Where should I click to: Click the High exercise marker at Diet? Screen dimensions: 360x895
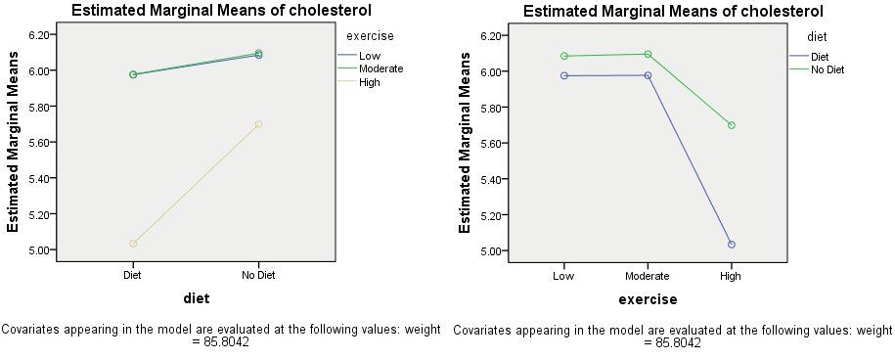coord(133,244)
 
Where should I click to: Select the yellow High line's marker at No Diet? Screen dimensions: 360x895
coord(258,124)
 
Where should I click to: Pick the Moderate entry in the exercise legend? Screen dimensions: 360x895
coord(380,69)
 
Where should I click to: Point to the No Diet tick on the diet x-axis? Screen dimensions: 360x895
coord(258,275)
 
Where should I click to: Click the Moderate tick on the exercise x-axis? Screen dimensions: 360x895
coord(647,276)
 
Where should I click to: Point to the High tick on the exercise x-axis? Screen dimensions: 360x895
coord(731,276)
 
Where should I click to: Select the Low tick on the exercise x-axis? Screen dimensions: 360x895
coord(563,276)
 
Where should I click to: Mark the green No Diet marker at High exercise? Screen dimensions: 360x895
coord(731,125)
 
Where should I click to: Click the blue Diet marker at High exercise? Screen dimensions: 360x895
coord(731,245)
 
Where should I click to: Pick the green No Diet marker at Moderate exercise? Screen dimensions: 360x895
coord(648,54)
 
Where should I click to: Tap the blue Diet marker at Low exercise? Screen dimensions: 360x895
coord(563,75)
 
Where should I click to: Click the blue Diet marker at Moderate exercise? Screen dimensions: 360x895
coord(648,75)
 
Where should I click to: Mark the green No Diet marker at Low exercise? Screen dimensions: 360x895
coord(563,56)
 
